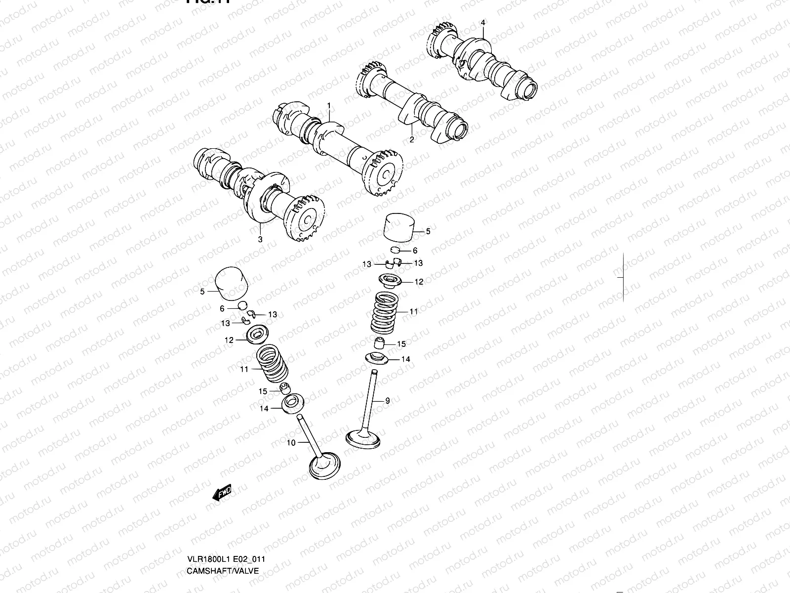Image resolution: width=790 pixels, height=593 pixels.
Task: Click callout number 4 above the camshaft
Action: [483, 23]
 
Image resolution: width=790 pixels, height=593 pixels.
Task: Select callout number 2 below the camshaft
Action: [412, 140]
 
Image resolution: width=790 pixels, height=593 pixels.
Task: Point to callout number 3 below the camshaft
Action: [260, 239]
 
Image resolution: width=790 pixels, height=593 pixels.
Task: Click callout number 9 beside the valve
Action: [388, 401]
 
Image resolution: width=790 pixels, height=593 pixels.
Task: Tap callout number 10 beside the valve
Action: [291, 443]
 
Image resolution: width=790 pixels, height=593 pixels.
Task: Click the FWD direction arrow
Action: [222, 493]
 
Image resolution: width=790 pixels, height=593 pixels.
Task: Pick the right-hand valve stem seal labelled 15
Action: [379, 342]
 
